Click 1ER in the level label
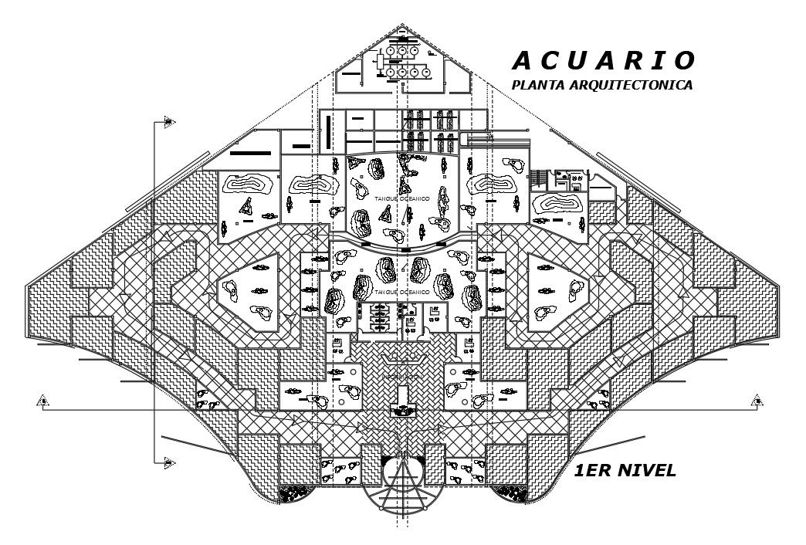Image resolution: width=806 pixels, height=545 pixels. tap(594, 471)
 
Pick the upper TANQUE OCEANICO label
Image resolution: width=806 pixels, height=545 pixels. tap(402, 199)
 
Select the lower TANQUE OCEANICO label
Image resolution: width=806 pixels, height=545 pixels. tap(402, 293)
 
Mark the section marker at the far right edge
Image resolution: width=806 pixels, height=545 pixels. tap(759, 400)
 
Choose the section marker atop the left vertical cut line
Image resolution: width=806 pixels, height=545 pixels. tap(168, 122)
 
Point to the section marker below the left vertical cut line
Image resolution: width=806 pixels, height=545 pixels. tap(168, 462)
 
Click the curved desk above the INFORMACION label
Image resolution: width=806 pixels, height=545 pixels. tap(402, 357)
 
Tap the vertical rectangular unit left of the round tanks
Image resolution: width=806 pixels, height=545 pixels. tap(380, 62)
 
